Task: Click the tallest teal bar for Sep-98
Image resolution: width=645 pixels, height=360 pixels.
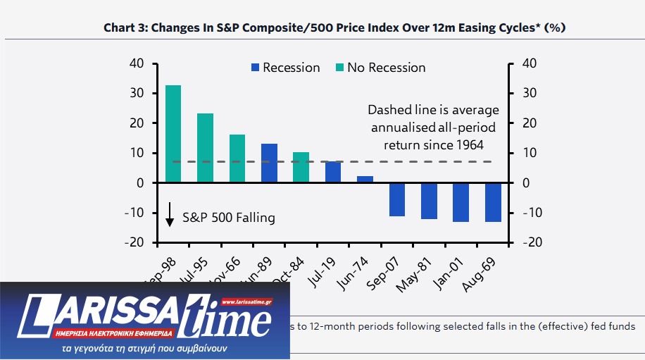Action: (173, 134)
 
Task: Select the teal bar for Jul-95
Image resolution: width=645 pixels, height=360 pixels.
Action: (205, 148)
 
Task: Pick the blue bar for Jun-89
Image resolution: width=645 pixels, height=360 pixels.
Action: (269, 163)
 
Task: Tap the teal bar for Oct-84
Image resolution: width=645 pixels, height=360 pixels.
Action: (301, 167)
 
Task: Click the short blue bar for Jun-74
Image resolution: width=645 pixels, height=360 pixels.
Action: (365, 179)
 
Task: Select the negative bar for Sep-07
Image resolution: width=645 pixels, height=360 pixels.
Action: (397, 199)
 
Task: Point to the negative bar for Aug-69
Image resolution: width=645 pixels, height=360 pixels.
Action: (493, 202)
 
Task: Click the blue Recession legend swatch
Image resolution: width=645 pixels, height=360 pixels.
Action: (255, 68)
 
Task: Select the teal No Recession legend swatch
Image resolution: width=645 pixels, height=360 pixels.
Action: (340, 68)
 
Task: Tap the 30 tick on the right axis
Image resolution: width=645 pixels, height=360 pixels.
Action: (529, 93)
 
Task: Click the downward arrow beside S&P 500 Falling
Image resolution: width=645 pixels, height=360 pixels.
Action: (170, 215)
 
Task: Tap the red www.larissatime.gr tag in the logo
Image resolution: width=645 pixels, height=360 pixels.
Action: (246, 302)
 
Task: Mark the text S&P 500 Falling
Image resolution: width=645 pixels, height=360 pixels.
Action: (229, 218)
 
